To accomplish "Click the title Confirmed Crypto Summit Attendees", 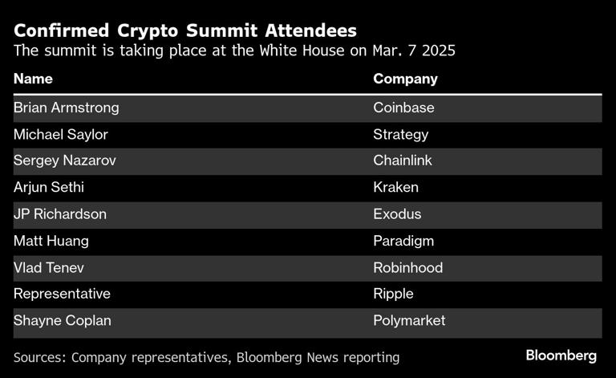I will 185,30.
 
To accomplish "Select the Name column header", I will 33,79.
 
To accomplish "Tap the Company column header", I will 405,79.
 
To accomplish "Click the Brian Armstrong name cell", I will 66,108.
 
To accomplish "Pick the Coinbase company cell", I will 403,108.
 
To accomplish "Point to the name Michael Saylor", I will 60,134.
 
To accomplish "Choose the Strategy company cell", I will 400,134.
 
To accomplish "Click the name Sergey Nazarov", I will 64,161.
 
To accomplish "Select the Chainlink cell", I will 403,161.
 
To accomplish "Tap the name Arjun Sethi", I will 47,188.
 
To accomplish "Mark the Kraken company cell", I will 395,188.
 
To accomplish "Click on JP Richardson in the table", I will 59,214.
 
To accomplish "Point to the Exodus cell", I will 397,214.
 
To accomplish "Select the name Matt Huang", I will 51,241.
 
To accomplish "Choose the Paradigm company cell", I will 403,241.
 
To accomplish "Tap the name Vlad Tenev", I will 49,267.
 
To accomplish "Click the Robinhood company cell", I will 407,267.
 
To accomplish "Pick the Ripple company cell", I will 393,294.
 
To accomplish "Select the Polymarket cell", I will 409,320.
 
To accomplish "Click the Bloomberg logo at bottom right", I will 561,355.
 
